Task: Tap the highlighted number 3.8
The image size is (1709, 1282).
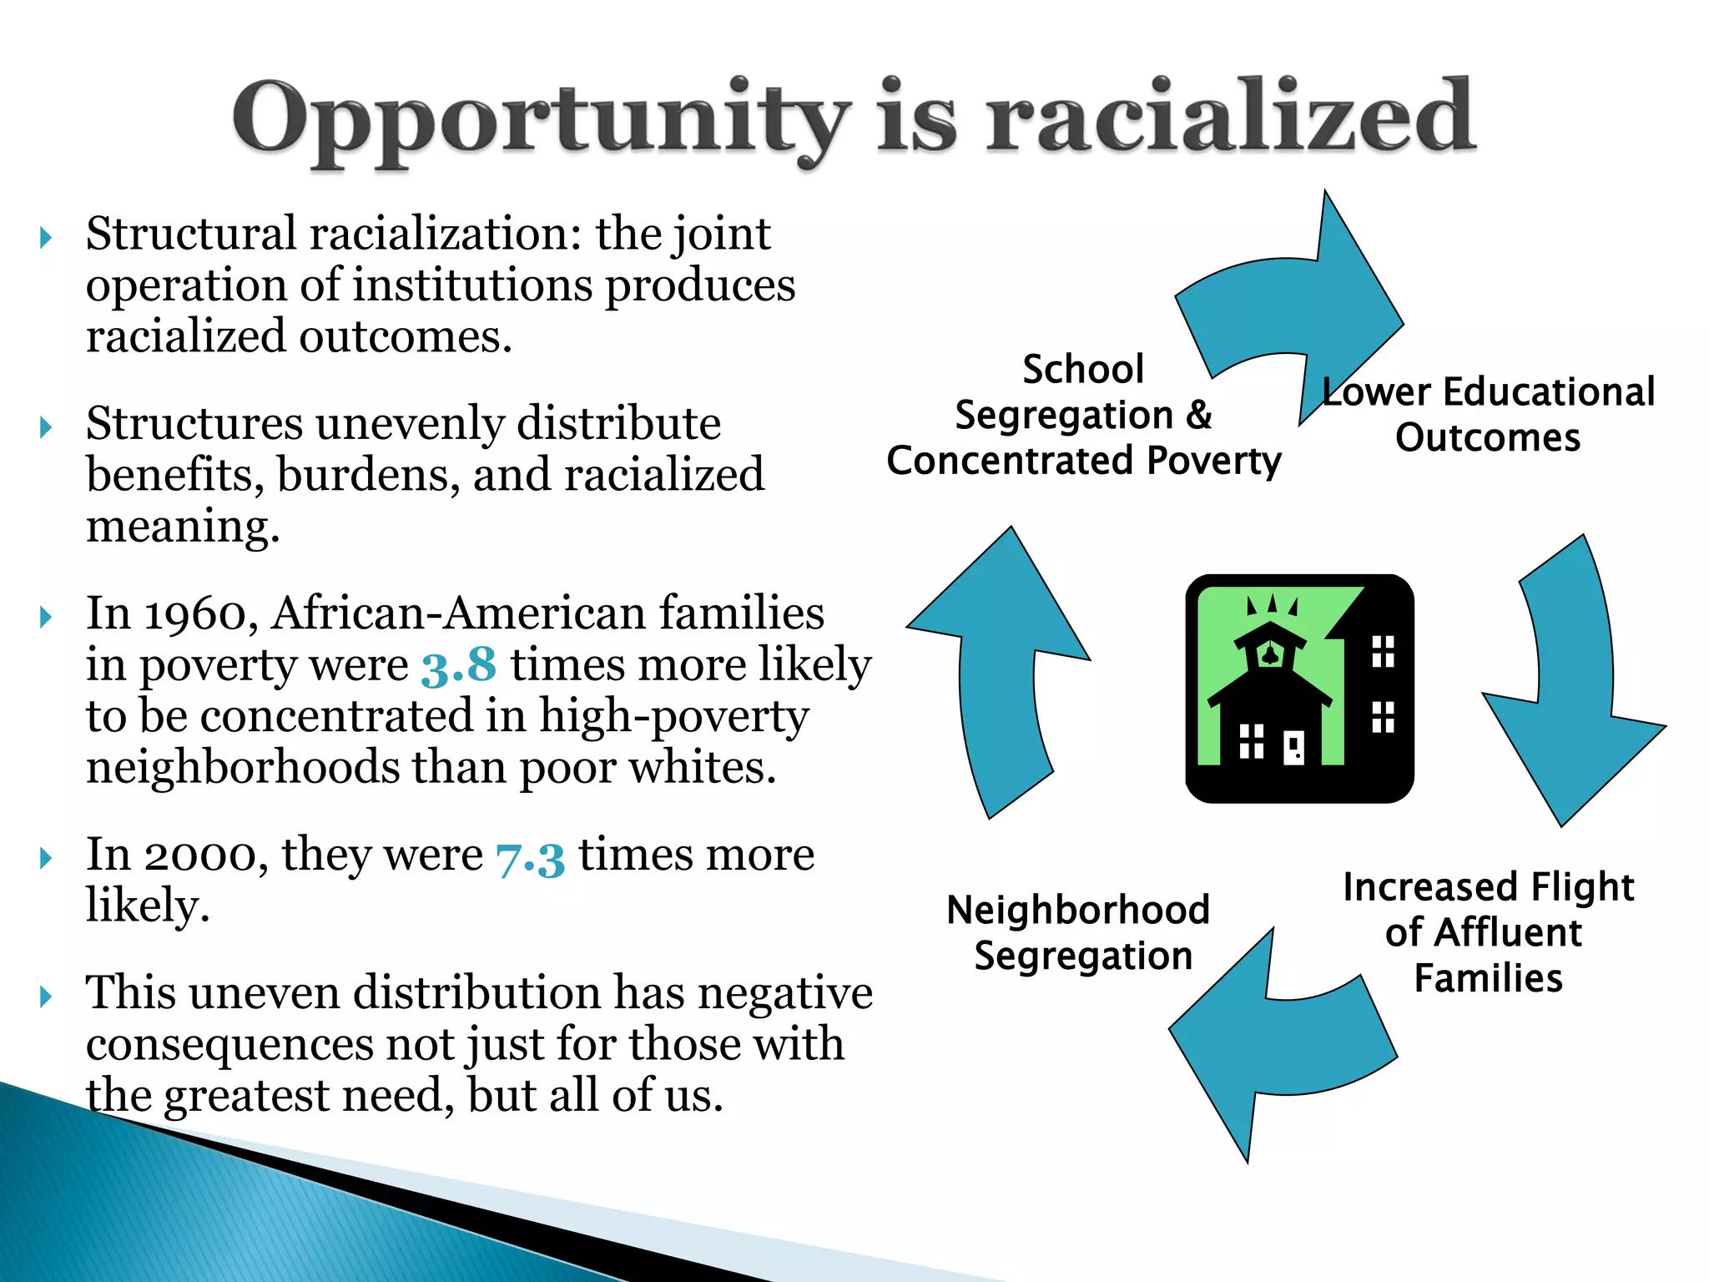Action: point(458,666)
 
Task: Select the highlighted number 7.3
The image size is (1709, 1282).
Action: point(530,856)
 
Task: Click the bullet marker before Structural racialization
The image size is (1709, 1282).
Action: point(47,238)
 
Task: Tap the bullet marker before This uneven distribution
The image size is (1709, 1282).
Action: point(47,996)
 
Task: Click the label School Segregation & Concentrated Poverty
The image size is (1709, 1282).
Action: point(1083,416)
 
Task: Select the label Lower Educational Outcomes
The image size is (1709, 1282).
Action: point(1488,415)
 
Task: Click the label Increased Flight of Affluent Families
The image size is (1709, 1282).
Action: point(1488,932)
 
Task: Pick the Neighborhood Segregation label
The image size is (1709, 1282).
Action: point(1079,932)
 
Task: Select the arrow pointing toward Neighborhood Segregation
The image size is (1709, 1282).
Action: point(1277,1043)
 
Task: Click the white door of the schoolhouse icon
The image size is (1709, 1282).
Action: point(1293,747)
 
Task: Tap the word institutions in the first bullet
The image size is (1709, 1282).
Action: point(472,286)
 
